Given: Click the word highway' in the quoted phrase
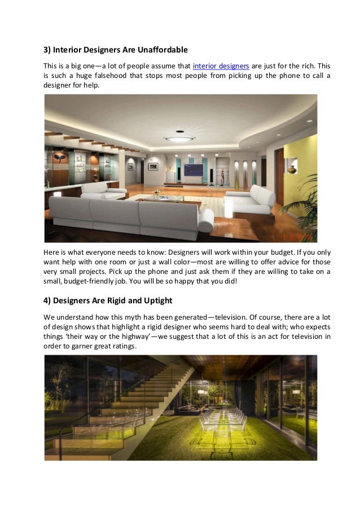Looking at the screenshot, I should click(127, 336).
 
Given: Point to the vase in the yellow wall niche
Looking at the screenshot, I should click(292, 168).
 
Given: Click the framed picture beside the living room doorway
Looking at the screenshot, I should click(153, 166).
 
